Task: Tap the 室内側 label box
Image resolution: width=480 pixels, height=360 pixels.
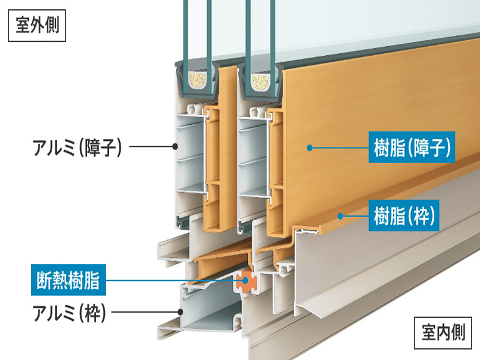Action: pyautogui.click(x=442, y=331)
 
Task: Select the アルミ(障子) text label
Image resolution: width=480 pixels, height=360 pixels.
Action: pyautogui.click(x=77, y=146)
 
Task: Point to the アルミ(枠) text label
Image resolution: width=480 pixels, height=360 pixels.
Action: pyautogui.click(x=70, y=312)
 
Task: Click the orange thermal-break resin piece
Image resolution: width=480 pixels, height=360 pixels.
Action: pyautogui.click(x=245, y=280)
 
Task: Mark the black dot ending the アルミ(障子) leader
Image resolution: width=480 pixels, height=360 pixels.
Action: pyautogui.click(x=175, y=146)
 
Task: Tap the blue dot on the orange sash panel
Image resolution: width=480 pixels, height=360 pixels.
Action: pyautogui.click(x=310, y=146)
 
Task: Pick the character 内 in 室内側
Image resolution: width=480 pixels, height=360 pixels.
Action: pyautogui.click(x=442, y=331)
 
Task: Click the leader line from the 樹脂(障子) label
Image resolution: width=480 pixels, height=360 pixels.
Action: pyautogui.click(x=339, y=146)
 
